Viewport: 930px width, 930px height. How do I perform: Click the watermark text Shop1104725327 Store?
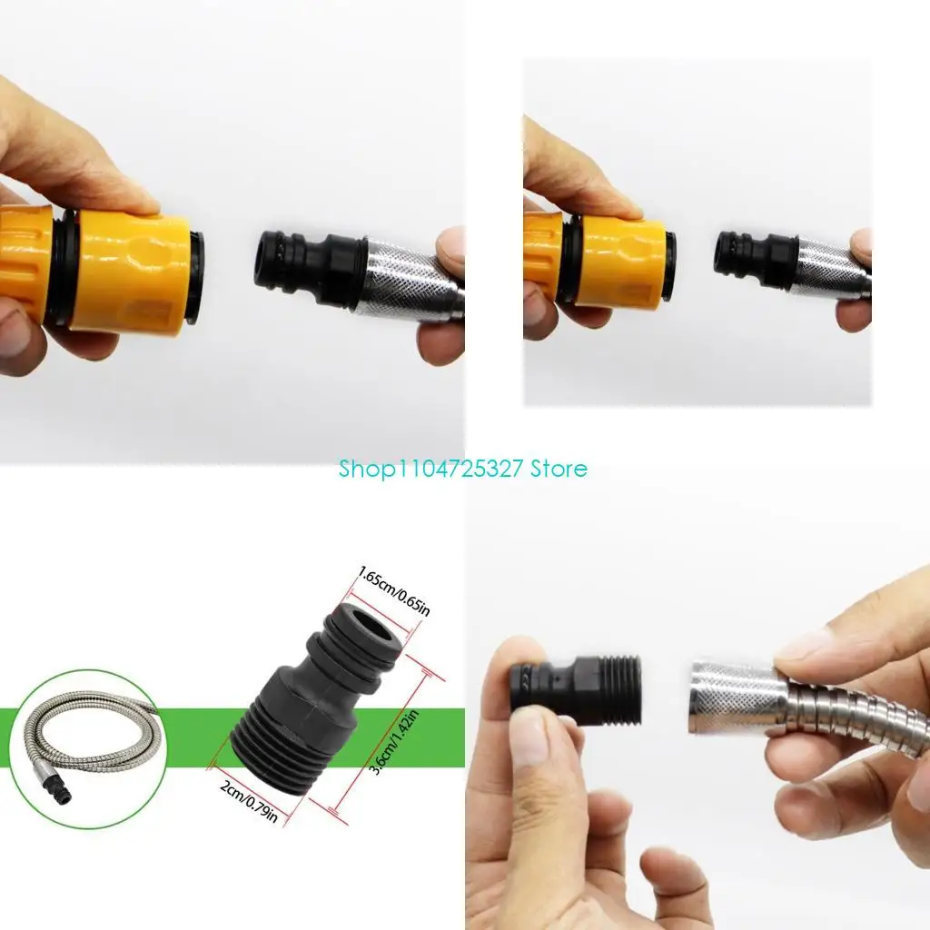462,469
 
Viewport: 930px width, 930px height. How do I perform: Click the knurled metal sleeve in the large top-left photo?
409,277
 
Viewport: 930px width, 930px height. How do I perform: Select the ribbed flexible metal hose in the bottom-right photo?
863,717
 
